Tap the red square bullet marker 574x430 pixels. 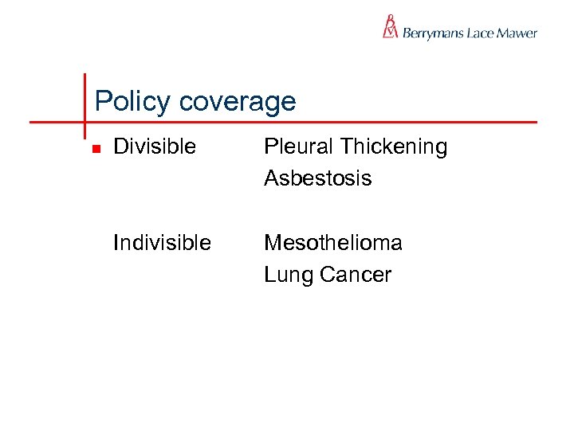click(x=95, y=148)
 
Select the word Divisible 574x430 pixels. click(x=155, y=147)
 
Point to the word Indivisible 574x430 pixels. click(x=162, y=242)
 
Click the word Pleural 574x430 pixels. click(x=299, y=147)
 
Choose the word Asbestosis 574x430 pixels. click(x=317, y=178)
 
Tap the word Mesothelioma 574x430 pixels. click(x=333, y=242)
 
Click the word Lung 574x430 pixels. click(x=289, y=276)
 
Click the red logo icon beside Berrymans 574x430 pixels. click(x=390, y=27)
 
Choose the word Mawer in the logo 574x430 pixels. click(x=517, y=33)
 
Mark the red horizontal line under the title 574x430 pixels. click(x=319, y=123)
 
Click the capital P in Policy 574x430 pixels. click(x=101, y=101)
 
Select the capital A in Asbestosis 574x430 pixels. click(x=272, y=178)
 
